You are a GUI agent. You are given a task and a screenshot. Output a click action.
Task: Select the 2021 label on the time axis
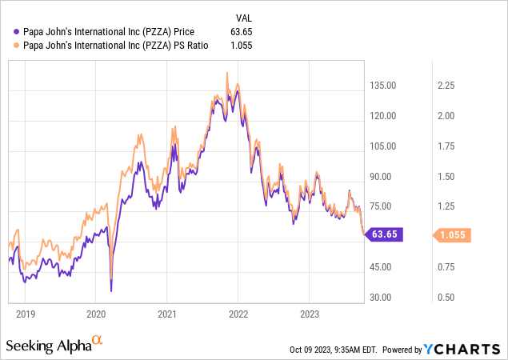pyautogui.click(x=166, y=314)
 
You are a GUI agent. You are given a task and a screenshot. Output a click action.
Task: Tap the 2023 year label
pyautogui.click(x=309, y=314)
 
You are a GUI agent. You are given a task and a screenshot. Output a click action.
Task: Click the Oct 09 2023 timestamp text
pyautogui.click(x=335, y=350)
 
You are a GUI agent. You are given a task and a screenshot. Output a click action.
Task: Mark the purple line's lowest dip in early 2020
pyautogui.click(x=111, y=290)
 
